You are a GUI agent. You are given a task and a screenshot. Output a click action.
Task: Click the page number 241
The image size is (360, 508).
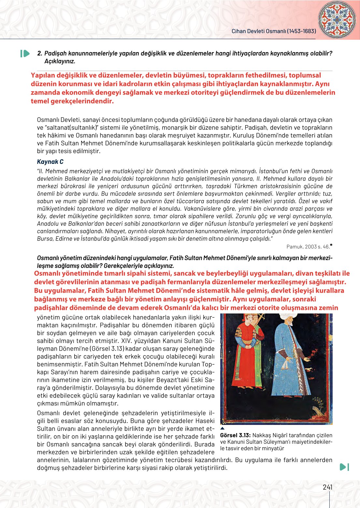327,487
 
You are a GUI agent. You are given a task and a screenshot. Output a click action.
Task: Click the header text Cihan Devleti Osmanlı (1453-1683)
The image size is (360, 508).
274,31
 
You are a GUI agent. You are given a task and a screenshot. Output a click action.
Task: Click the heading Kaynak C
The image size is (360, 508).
50,162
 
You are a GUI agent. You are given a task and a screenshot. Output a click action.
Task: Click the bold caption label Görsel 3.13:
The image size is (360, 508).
235,435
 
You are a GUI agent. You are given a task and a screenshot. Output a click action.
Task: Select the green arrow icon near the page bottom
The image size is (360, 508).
344,467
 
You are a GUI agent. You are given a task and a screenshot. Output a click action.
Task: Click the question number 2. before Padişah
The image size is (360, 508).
40,53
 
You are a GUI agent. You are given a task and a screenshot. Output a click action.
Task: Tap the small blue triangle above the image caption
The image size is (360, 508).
222,428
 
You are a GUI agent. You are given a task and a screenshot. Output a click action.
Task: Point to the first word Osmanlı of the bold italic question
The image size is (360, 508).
48,258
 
